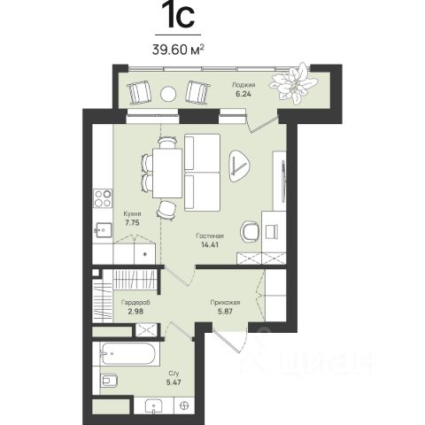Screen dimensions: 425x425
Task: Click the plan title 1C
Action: click(x=179, y=15)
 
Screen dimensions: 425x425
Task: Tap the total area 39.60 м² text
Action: click(x=178, y=50)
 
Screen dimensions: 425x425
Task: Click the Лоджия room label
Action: click(x=243, y=85)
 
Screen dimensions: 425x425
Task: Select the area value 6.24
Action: click(x=243, y=95)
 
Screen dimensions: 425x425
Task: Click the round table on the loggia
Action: click(x=168, y=94)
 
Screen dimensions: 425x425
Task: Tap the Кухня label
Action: click(x=132, y=213)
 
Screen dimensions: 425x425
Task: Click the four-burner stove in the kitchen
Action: click(x=103, y=198)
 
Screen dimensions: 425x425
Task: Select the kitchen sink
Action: click(x=103, y=230)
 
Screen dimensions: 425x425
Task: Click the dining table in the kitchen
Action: click(x=167, y=174)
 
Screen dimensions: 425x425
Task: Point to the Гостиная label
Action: click(x=210, y=236)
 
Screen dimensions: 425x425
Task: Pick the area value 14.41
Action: click(x=210, y=244)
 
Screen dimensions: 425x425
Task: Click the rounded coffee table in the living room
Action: click(x=240, y=166)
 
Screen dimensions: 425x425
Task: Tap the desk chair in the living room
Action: click(x=249, y=232)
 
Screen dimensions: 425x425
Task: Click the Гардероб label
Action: click(x=135, y=303)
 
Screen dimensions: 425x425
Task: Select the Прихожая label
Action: click(x=225, y=303)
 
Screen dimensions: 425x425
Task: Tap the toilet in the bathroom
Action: click(x=109, y=381)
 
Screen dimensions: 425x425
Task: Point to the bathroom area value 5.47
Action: click(x=174, y=382)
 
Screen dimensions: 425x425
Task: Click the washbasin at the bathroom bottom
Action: click(x=154, y=406)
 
